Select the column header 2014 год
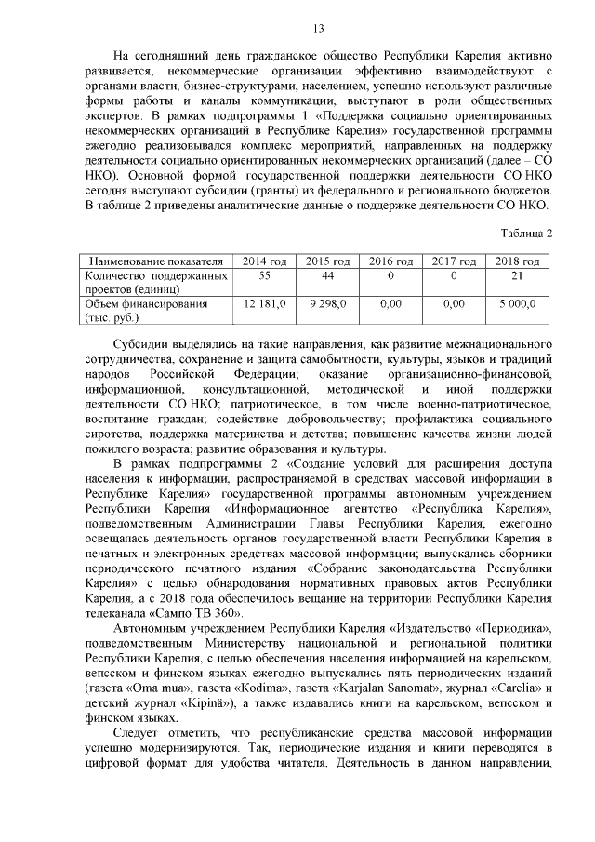point(264,262)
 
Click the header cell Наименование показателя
point(154,262)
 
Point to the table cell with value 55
point(264,276)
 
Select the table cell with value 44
point(327,276)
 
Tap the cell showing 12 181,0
point(264,304)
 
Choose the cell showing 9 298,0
point(327,304)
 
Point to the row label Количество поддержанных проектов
point(154,283)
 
